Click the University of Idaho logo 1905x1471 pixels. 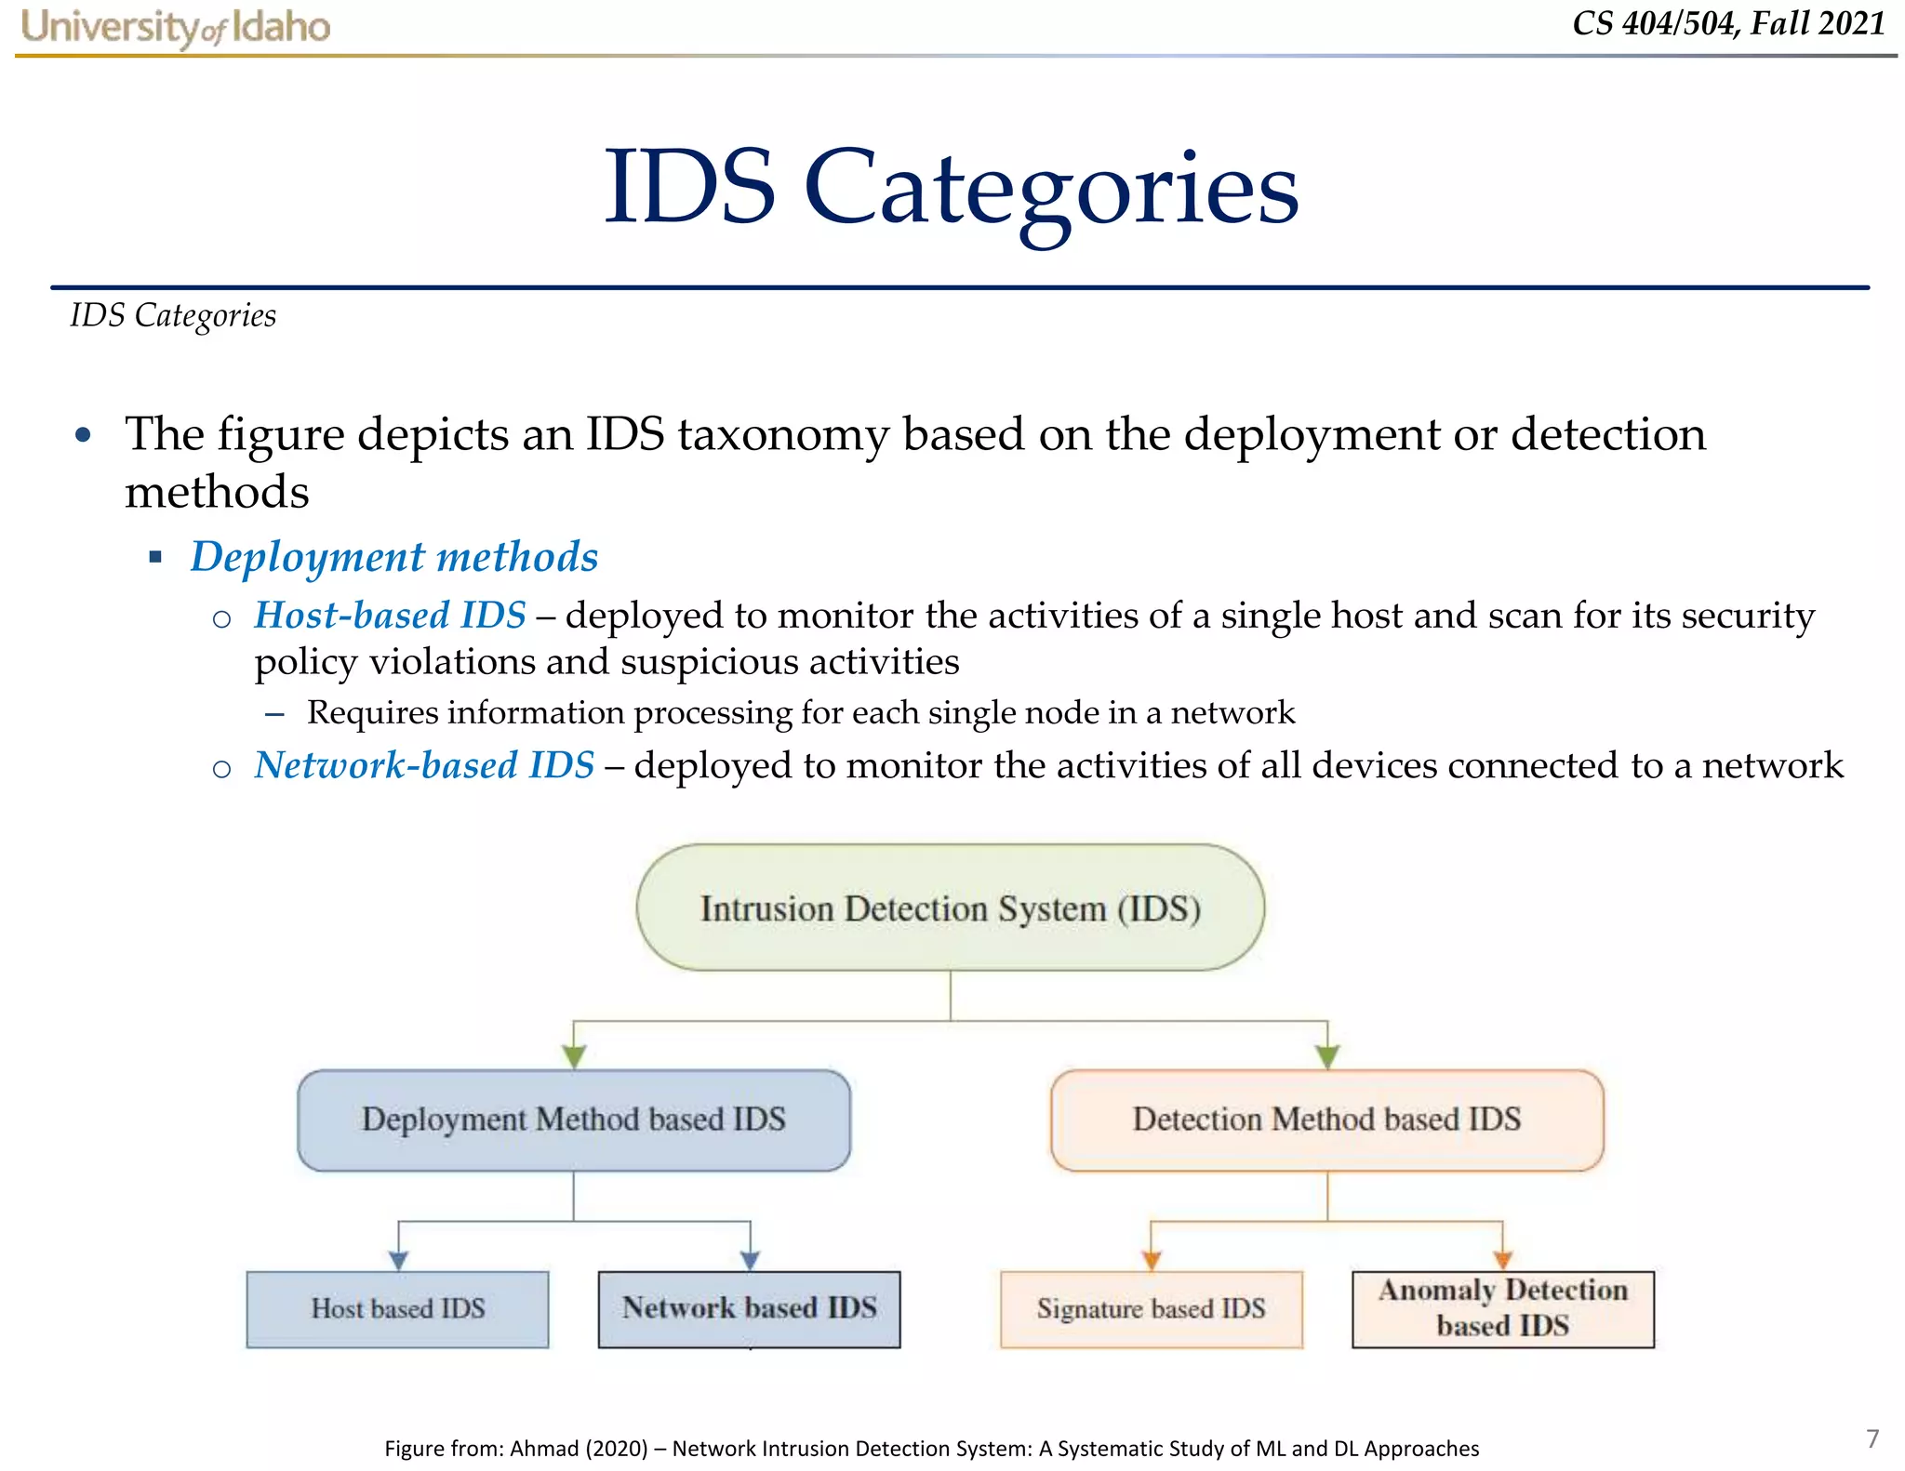[175, 27]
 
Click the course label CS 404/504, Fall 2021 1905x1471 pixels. [1728, 23]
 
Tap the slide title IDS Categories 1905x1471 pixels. [951, 189]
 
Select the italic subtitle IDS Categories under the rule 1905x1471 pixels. [173, 316]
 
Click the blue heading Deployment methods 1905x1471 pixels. [394, 557]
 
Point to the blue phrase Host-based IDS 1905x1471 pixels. [391, 616]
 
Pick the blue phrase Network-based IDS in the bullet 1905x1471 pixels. [424, 765]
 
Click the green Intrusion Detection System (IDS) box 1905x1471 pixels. [950, 908]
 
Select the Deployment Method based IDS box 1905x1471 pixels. [573, 1120]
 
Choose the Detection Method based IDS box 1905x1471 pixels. [1326, 1120]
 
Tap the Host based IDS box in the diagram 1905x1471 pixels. [397, 1309]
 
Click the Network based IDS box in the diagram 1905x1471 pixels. [749, 1309]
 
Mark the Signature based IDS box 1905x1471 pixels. [1151, 1309]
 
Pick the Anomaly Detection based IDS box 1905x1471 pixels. [1502, 1309]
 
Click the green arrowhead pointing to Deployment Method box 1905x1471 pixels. [574, 1056]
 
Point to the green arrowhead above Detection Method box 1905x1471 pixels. [1327, 1056]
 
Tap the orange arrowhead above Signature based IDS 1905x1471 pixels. [1152, 1260]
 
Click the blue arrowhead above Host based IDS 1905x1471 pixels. [399, 1260]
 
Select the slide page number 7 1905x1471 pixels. [1872, 1438]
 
